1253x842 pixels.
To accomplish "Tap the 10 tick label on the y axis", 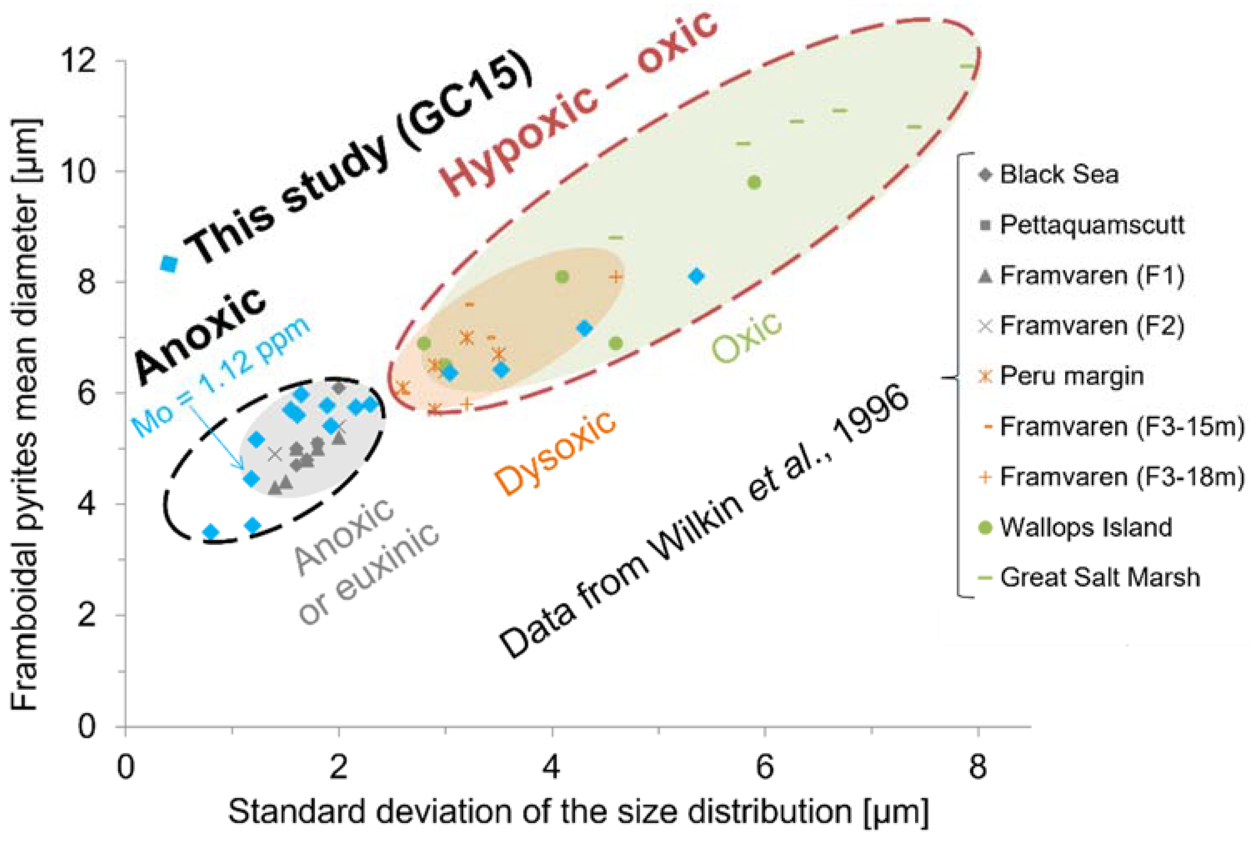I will tap(80, 171).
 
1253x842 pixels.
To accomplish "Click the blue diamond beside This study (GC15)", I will tap(169, 264).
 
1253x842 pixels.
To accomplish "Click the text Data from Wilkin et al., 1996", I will tap(703, 521).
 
